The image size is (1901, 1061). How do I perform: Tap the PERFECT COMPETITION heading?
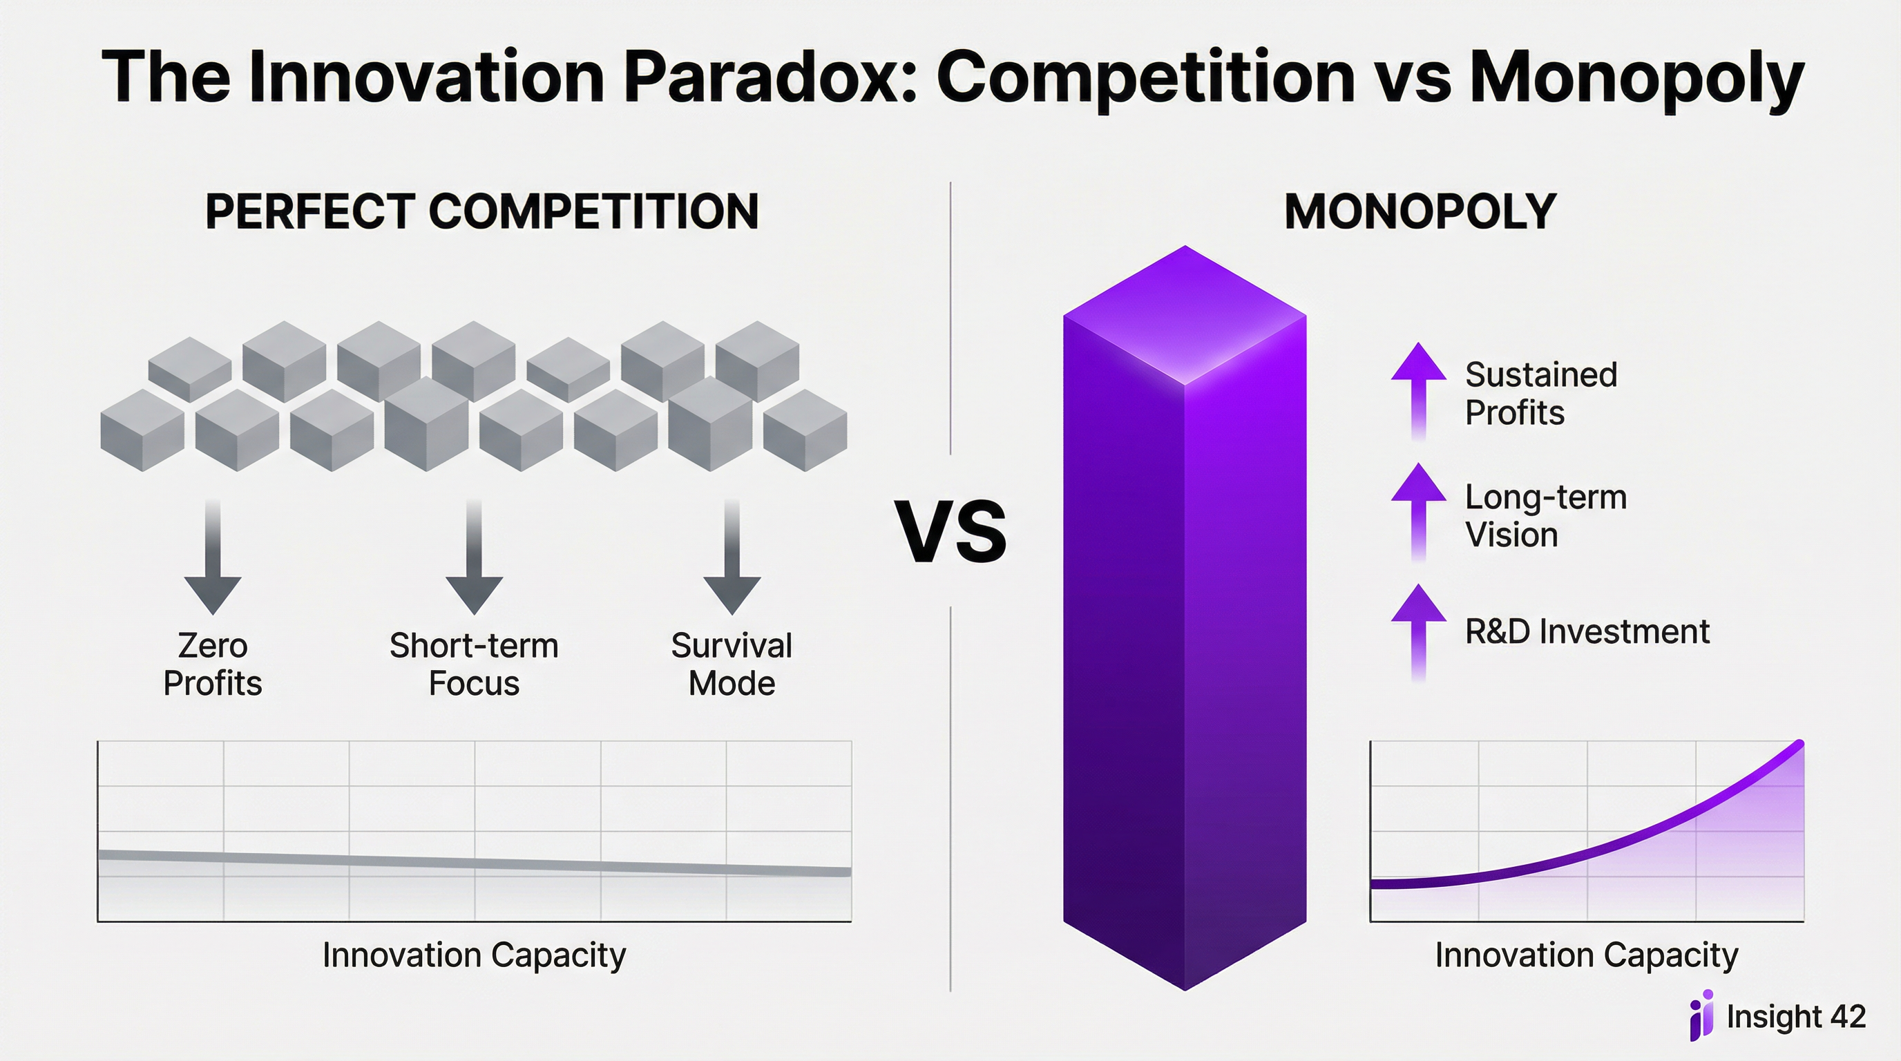click(481, 212)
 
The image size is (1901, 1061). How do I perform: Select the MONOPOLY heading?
click(1420, 212)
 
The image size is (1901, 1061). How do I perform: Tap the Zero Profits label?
click(213, 664)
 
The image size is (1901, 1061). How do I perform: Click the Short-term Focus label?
click(474, 664)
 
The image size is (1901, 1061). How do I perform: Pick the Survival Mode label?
click(732, 664)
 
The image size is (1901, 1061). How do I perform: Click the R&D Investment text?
click(1587, 631)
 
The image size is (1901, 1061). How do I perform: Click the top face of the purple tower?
click(1185, 316)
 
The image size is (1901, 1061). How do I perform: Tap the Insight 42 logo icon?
click(1701, 1015)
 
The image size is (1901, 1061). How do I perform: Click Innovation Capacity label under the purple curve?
click(1586, 955)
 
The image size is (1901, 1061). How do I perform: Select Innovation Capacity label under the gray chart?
click(474, 955)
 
